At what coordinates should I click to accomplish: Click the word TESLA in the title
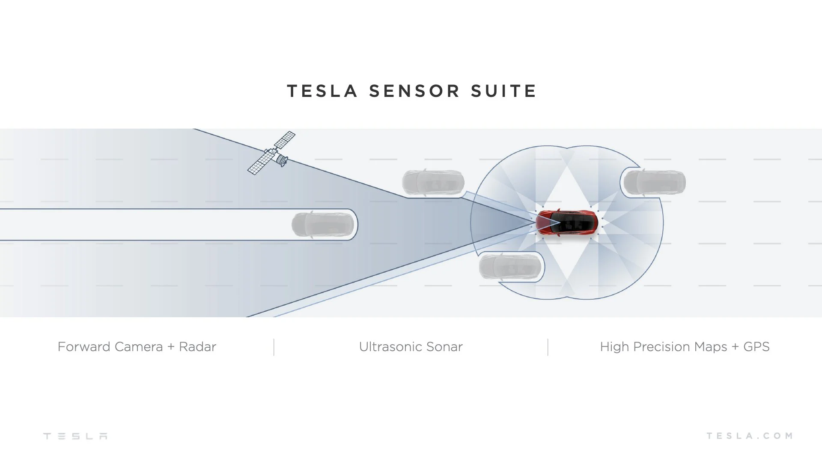click(322, 91)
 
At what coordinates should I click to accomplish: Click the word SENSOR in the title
click(414, 91)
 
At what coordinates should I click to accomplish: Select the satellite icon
click(271, 153)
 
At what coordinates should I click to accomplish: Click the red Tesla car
click(567, 222)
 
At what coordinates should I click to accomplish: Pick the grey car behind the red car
click(654, 182)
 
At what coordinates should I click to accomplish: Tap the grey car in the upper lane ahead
click(433, 182)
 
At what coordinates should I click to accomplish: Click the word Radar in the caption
click(197, 347)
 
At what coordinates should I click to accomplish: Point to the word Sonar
click(444, 347)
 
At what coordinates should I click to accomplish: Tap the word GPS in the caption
click(756, 347)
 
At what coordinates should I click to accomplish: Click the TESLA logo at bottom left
click(75, 436)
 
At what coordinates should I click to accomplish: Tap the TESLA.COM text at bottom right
click(749, 436)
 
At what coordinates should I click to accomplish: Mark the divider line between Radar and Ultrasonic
click(274, 347)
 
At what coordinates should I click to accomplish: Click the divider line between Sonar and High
click(548, 347)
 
